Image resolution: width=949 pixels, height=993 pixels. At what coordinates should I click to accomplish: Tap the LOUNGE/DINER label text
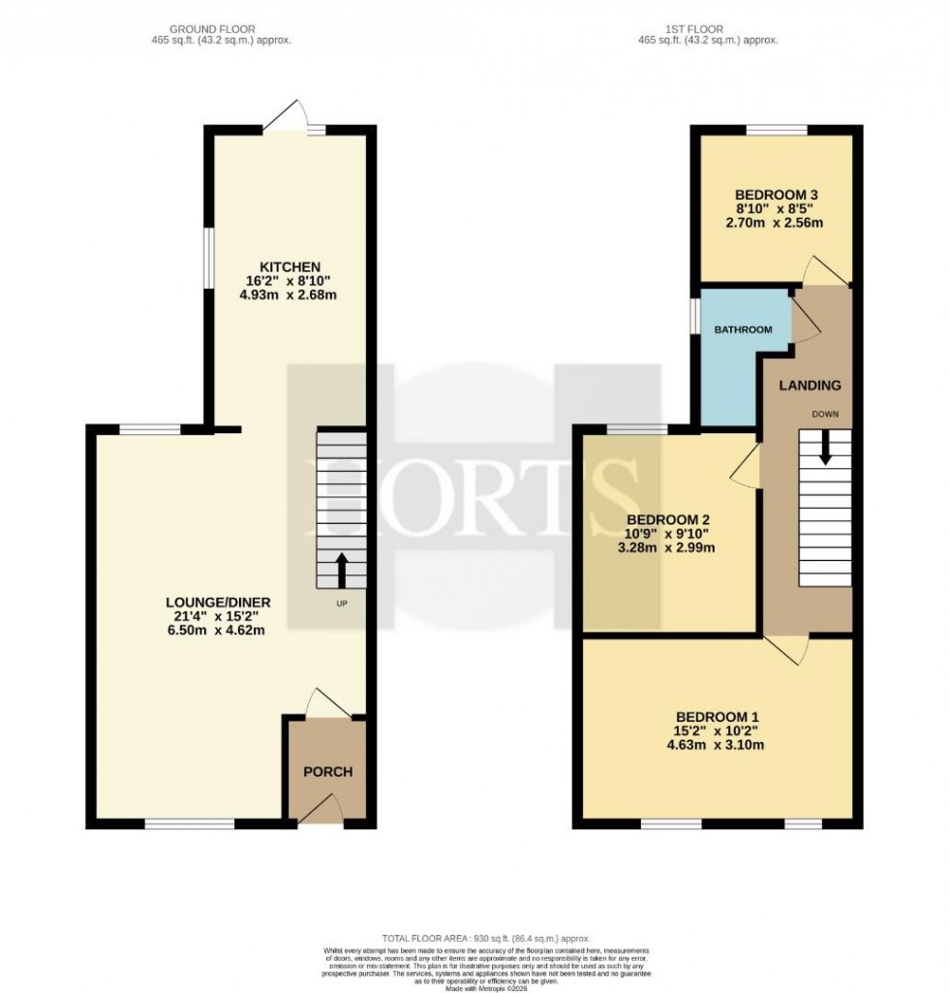tap(218, 603)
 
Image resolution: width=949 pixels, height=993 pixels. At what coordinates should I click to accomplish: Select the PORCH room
tap(328, 772)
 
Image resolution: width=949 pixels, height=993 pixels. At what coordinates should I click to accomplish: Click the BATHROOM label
tap(743, 330)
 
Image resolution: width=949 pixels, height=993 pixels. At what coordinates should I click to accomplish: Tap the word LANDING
tap(811, 386)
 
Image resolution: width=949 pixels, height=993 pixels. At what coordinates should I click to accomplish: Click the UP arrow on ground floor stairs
tap(341, 571)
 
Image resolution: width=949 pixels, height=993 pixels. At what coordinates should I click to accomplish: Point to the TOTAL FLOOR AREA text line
tap(473, 939)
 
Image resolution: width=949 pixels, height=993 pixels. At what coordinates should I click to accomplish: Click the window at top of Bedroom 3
tap(777, 130)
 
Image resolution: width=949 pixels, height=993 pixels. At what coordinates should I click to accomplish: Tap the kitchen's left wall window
tap(206, 257)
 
